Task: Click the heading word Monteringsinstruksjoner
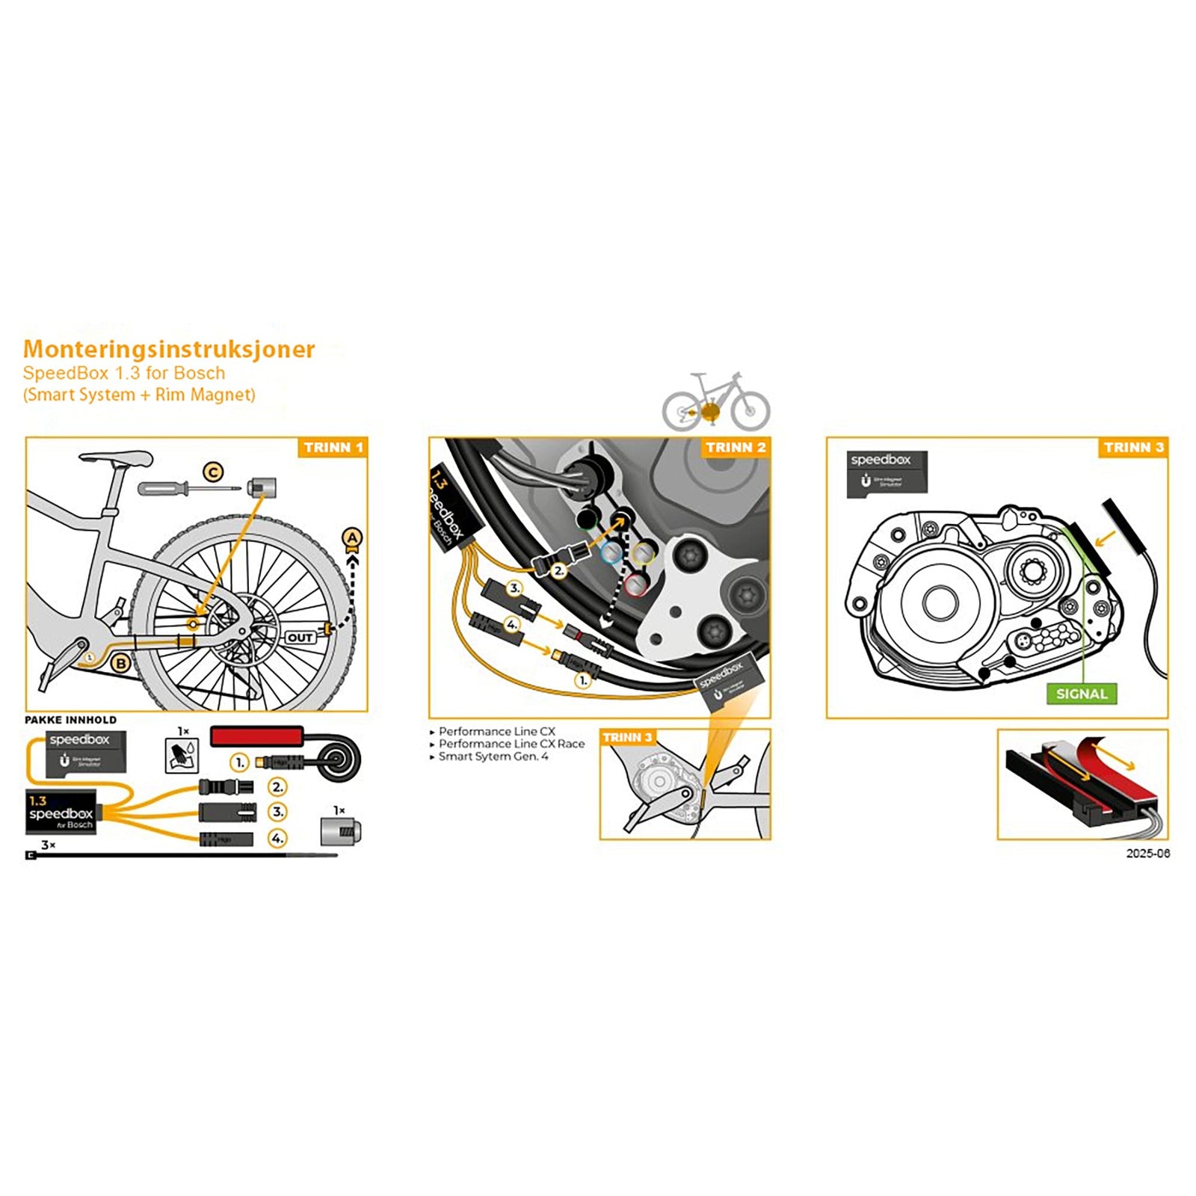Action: point(169,349)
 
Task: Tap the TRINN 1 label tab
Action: point(333,447)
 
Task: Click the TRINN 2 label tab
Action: point(736,447)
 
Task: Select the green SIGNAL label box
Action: point(1082,694)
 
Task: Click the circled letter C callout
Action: point(214,472)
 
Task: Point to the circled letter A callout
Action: point(352,537)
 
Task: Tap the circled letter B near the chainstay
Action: point(120,662)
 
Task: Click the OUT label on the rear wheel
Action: point(300,638)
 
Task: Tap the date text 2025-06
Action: point(1147,854)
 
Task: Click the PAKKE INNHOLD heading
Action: point(71,720)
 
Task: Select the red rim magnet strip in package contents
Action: point(256,736)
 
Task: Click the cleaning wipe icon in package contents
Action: point(182,755)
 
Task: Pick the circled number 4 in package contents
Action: point(277,838)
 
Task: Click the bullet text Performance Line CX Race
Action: point(511,744)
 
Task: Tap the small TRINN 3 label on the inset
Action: point(627,737)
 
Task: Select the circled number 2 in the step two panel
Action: point(558,570)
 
